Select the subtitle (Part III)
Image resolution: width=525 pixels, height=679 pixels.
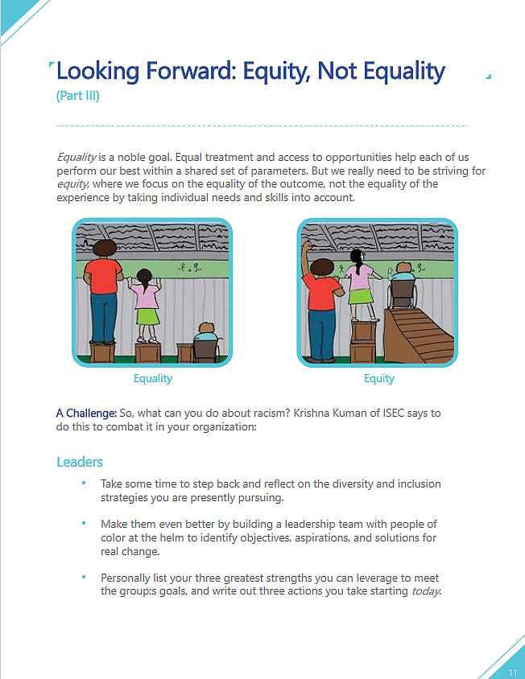[77, 97]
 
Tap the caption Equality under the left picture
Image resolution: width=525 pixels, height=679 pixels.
[152, 378]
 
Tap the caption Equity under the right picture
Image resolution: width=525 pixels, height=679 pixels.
[378, 378]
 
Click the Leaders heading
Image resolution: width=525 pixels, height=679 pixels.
[79, 463]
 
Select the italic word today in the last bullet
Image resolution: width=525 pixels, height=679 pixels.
[426, 592]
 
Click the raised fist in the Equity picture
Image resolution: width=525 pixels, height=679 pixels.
[307, 245]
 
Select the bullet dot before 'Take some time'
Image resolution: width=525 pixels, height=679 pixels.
[83, 483]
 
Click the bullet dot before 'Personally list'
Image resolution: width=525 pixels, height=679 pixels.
[83, 577]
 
